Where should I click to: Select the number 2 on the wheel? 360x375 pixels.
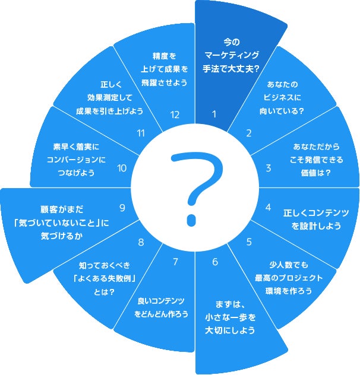tap(248, 134)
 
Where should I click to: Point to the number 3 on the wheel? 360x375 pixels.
tap(268, 168)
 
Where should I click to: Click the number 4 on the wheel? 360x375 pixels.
tap(268, 207)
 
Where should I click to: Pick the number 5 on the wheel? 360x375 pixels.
tap(249, 241)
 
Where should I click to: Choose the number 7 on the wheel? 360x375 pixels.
tap(175, 262)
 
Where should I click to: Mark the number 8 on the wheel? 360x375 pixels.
tap(141, 241)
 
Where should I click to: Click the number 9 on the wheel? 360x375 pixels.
tap(122, 208)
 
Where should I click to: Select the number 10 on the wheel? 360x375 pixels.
tap(122, 168)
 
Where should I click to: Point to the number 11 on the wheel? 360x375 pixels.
tap(141, 134)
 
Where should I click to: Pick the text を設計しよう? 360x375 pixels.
tap(315, 225)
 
